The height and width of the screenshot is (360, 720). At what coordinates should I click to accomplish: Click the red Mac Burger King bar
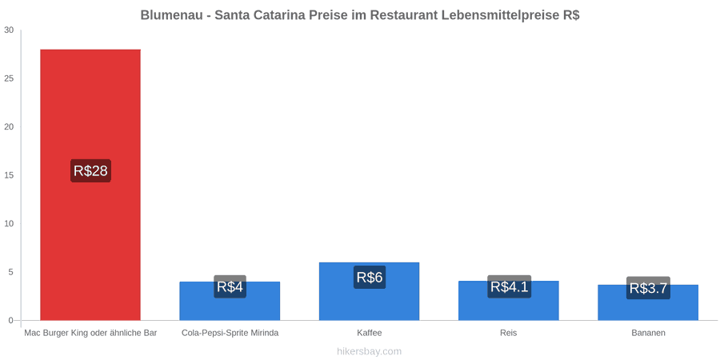(x=90, y=185)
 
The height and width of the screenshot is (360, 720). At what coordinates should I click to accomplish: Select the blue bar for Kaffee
(x=369, y=291)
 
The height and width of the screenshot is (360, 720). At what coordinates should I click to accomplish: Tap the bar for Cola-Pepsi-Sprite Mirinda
(x=230, y=301)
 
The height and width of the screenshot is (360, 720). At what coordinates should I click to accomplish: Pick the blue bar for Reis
(x=508, y=300)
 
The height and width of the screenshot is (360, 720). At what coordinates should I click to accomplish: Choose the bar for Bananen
(x=648, y=302)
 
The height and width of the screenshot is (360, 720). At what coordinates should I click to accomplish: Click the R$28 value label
(x=90, y=171)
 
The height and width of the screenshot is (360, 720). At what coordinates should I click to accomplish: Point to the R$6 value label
(x=370, y=278)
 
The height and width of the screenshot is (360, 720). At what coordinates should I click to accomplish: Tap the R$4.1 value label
(x=510, y=286)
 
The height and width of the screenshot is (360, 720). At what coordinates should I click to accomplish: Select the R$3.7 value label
(x=648, y=288)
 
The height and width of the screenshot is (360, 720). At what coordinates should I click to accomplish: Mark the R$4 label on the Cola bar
(x=230, y=286)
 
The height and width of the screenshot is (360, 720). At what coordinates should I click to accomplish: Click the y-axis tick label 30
(x=9, y=30)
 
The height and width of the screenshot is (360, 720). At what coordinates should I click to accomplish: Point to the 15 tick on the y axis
(x=9, y=175)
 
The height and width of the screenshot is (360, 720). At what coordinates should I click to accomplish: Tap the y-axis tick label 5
(x=11, y=272)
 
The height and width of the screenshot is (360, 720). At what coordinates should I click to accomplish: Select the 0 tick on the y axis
(x=11, y=321)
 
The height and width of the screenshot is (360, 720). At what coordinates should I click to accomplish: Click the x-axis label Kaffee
(x=369, y=333)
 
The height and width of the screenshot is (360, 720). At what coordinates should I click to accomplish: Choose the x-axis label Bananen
(x=648, y=333)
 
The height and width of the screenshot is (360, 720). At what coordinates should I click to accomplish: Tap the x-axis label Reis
(x=508, y=333)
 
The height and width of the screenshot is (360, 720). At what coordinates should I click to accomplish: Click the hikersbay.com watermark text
(x=369, y=351)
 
